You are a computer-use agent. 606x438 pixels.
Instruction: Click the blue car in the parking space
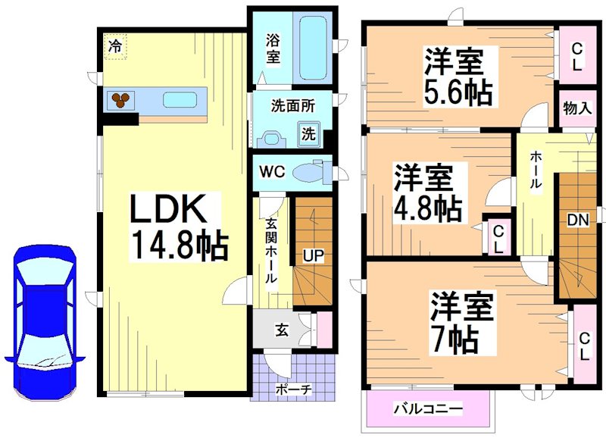(x=44, y=322)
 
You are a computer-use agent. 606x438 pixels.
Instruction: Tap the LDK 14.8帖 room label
(x=179, y=227)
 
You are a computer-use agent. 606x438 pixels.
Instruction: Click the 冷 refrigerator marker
(x=115, y=46)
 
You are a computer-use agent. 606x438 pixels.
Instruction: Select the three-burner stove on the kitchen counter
(x=121, y=99)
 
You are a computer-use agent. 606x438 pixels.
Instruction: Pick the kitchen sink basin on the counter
(x=180, y=99)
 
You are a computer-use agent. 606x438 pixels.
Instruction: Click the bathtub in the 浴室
(x=311, y=47)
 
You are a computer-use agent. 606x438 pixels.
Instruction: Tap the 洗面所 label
(x=293, y=106)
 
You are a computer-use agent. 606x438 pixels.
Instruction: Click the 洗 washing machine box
(x=309, y=134)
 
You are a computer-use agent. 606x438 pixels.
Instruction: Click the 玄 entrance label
(x=281, y=330)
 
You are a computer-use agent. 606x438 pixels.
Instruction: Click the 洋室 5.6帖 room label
(x=458, y=77)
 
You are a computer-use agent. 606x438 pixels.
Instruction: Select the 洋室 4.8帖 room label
(x=427, y=193)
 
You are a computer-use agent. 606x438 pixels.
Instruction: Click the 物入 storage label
(x=576, y=108)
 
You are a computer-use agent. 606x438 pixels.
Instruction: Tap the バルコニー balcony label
(x=427, y=409)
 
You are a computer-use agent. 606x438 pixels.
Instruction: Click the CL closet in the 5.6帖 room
(x=576, y=55)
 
